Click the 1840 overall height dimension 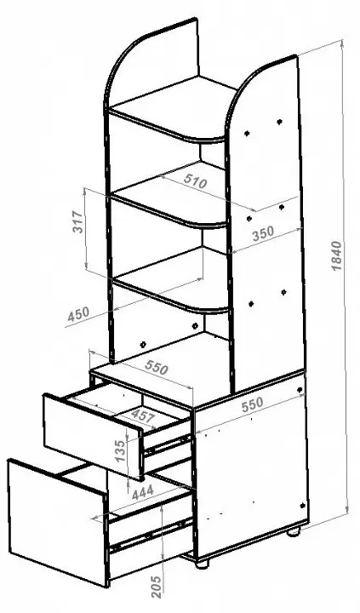click(x=336, y=256)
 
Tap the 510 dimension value click(x=195, y=182)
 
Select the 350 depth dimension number click(x=263, y=234)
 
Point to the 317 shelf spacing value click(x=78, y=222)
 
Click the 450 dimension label click(x=78, y=314)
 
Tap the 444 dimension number click(x=143, y=493)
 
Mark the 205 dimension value click(x=156, y=587)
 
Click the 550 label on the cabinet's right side click(x=253, y=405)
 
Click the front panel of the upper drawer click(x=93, y=436)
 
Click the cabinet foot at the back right click(x=293, y=531)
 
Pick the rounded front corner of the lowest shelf click(x=217, y=311)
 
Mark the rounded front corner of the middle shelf click(x=214, y=225)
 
